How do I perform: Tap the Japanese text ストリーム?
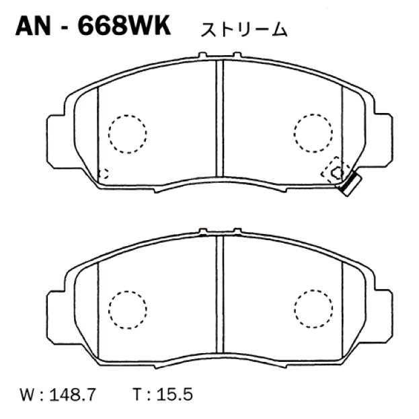click(243, 30)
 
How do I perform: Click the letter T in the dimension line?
click(143, 392)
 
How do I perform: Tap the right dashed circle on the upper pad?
click(313, 132)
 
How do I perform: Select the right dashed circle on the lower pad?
click(313, 308)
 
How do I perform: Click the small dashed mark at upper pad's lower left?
click(103, 173)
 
